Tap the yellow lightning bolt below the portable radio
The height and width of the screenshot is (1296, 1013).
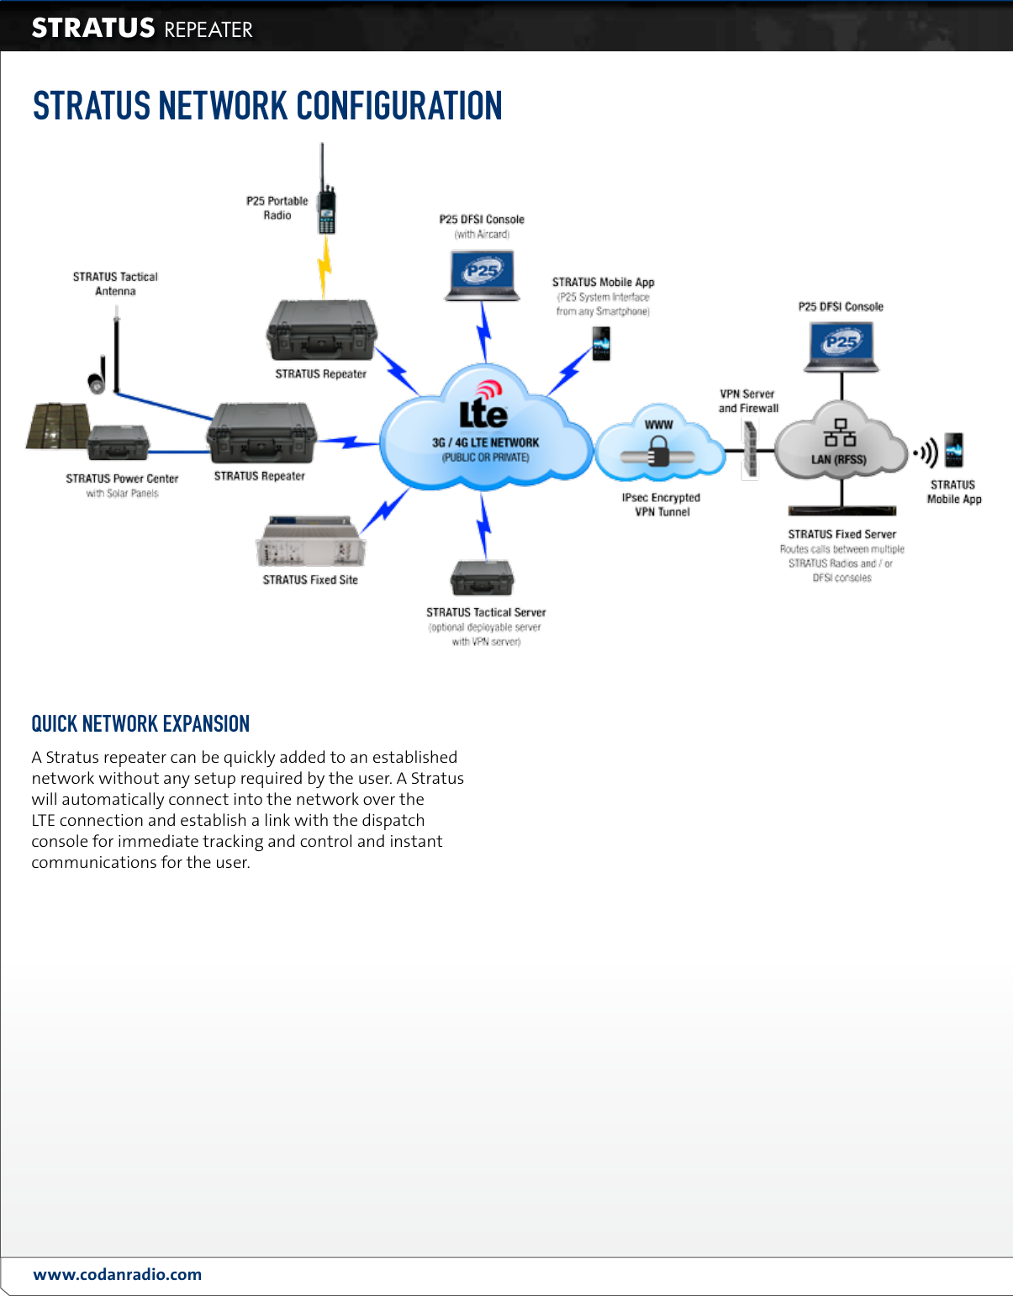(324, 267)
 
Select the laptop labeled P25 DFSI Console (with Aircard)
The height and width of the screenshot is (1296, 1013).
(483, 276)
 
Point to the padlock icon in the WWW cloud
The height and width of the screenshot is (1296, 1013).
(659, 454)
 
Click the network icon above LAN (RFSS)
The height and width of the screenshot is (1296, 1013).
(840, 432)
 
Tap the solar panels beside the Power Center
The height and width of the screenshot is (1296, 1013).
(57, 426)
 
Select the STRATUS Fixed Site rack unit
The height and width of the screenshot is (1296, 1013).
(310, 542)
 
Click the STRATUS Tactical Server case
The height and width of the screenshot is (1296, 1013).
(483, 578)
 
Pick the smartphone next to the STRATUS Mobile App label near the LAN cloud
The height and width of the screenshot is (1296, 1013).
(953, 451)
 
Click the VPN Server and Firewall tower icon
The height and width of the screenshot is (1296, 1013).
(750, 450)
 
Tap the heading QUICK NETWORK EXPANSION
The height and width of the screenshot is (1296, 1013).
(140, 724)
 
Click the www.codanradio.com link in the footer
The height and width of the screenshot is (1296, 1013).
(118, 1274)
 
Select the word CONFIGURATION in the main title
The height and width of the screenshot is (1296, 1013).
(399, 107)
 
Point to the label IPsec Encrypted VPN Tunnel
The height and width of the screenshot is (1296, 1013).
(661, 505)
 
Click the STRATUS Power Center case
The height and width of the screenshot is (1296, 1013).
(118, 442)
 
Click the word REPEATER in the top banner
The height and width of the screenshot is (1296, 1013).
(208, 30)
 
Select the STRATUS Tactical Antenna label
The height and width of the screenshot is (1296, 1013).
(115, 283)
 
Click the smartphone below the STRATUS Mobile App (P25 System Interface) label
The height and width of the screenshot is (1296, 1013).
(601, 343)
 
